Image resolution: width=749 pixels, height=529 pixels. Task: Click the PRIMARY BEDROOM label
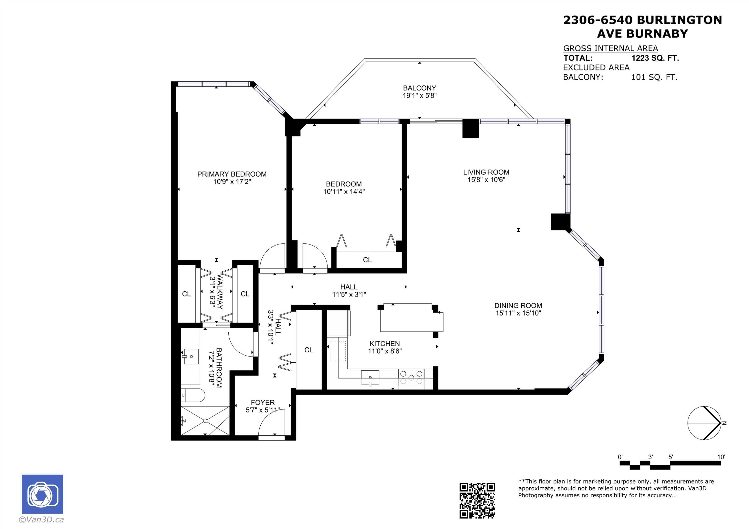[232, 174]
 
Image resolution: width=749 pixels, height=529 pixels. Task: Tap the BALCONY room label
[419, 88]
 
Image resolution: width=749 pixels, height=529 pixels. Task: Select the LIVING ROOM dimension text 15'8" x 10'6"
[486, 180]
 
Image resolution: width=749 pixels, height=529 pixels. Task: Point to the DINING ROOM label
[518, 306]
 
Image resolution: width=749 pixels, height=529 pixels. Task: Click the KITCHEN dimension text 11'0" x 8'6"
[385, 351]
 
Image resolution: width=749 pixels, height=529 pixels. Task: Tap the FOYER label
[263, 403]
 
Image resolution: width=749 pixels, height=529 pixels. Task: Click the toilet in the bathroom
[193, 395]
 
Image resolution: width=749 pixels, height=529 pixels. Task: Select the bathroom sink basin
[191, 357]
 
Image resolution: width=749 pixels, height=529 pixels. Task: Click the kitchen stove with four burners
[411, 378]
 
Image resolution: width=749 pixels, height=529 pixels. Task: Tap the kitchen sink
[370, 378]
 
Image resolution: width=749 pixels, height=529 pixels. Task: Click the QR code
[477, 501]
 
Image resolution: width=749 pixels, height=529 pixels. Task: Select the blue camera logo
[42, 494]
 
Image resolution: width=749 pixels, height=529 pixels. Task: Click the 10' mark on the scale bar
[721, 457]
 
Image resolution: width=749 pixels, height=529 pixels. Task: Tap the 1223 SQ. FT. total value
[655, 58]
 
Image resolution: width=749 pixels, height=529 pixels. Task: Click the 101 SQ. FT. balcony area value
[654, 77]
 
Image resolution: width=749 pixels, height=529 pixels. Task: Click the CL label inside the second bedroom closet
[367, 260]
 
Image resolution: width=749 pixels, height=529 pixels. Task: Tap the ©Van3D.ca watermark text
[41, 520]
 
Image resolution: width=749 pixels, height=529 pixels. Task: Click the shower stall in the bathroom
[205, 421]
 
